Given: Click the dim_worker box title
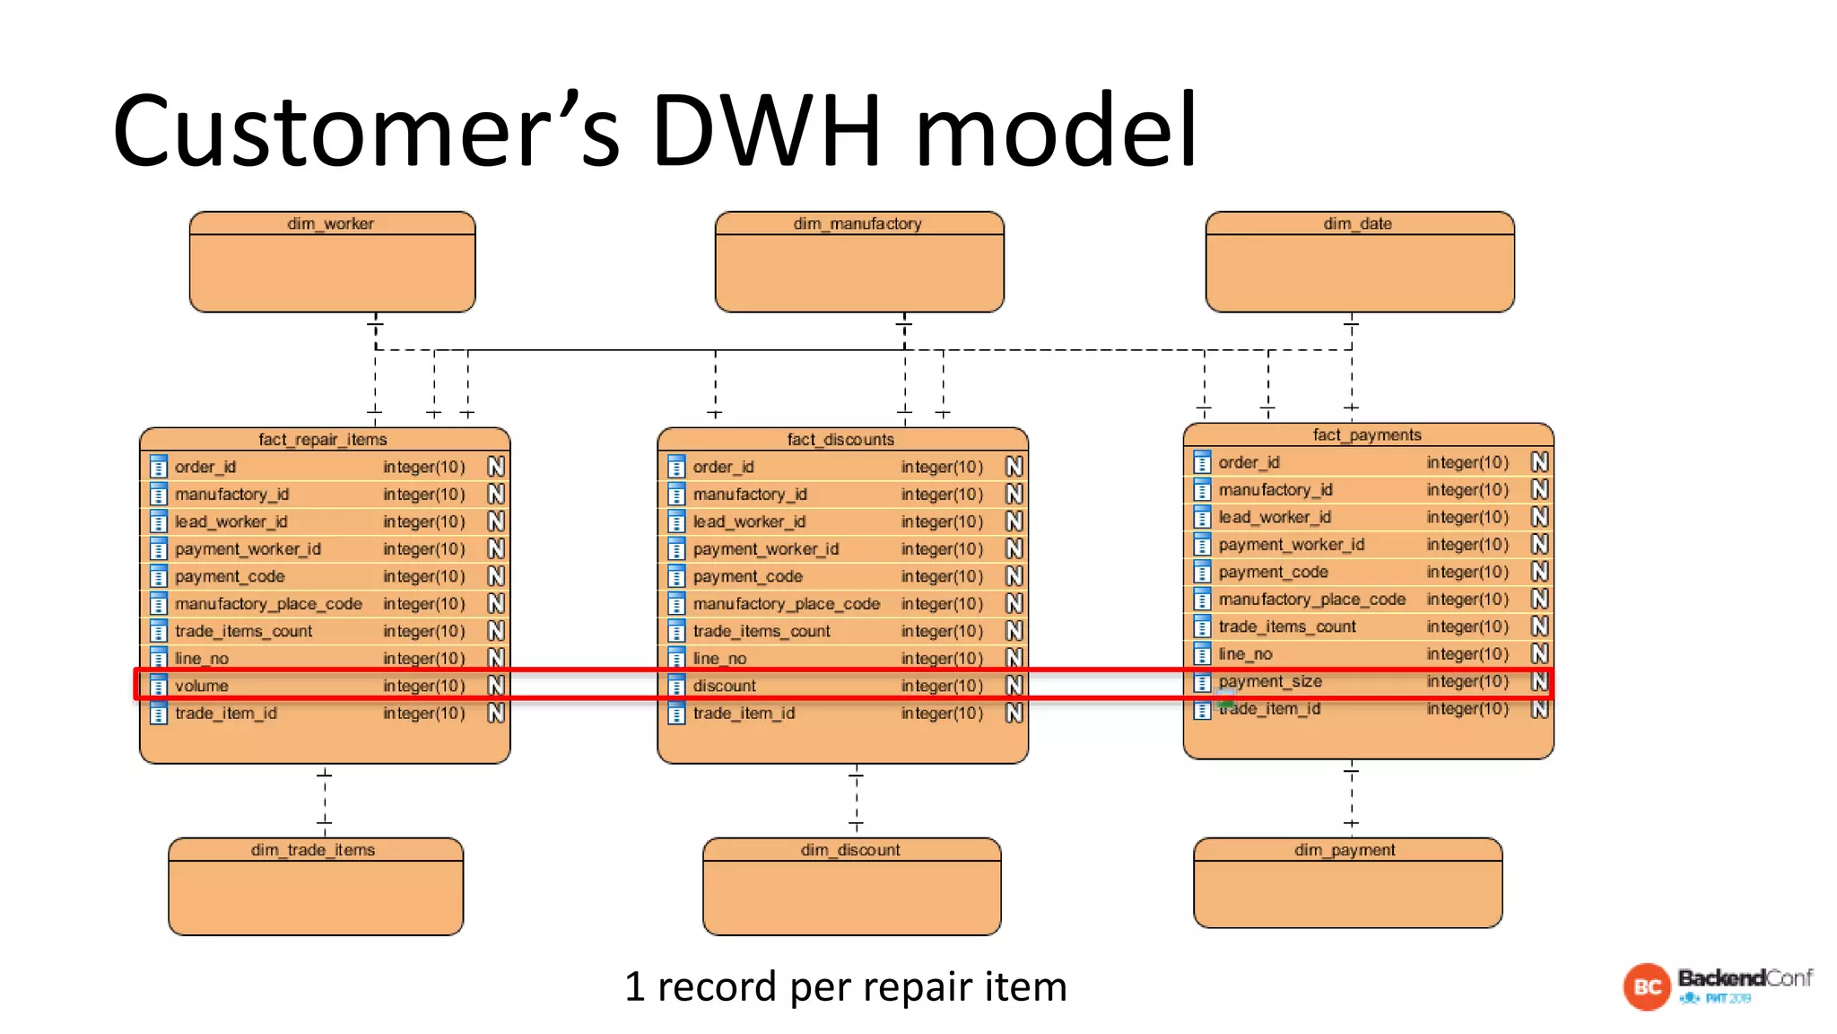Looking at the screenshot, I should tap(330, 223).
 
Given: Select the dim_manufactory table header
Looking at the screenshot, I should tap(857, 223).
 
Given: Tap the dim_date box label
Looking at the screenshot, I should tap(1357, 223).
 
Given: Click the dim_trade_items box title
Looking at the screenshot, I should tap(313, 850).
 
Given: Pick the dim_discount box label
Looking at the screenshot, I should tap(850, 850).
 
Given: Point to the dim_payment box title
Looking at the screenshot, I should tap(1345, 850).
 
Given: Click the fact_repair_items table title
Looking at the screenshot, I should tap(323, 440).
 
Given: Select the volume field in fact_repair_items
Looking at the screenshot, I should tap(202, 686).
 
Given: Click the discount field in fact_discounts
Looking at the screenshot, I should tap(725, 686).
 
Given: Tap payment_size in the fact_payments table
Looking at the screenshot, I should tap(1270, 681).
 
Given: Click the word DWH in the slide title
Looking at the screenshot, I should tap(766, 131).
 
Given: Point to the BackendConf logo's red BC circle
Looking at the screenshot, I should tap(1646, 987).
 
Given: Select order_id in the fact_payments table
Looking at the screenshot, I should tap(1249, 462).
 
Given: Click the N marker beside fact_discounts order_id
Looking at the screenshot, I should tap(1014, 467).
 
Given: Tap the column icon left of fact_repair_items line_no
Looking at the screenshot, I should tap(159, 658).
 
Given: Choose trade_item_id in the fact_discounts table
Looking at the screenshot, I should tap(744, 714).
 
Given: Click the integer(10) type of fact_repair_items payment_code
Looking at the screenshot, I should tap(423, 576).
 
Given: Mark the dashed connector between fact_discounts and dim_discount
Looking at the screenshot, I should tap(857, 800).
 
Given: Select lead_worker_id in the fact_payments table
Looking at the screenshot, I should tap(1274, 517).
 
